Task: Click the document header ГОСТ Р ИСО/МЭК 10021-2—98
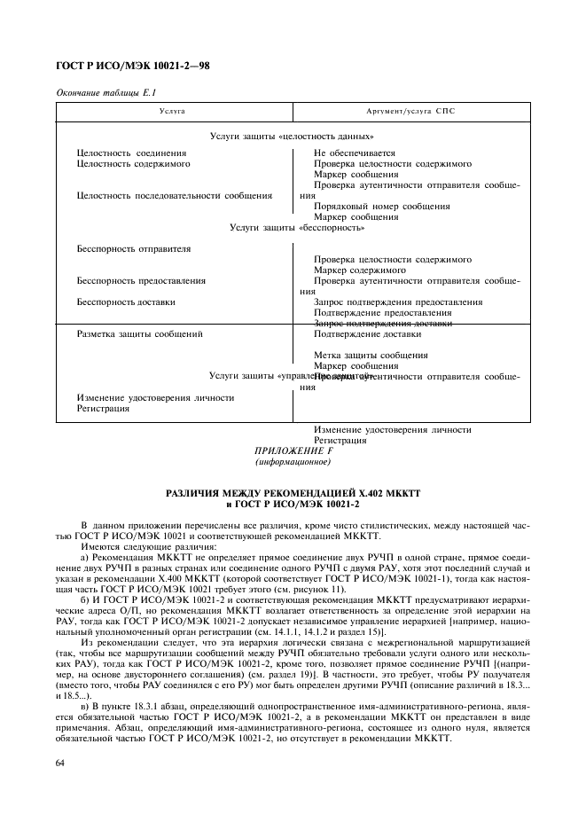132,66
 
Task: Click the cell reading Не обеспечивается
355,153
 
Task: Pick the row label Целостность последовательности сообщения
175,196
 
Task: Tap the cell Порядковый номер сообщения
381,207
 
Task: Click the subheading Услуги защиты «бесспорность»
297,228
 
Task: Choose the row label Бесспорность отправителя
134,249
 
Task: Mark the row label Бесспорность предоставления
141,281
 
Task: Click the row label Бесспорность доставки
126,302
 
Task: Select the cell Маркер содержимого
360,270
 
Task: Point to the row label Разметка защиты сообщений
140,334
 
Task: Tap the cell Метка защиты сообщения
371,356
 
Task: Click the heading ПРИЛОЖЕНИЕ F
292,451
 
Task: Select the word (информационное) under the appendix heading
292,463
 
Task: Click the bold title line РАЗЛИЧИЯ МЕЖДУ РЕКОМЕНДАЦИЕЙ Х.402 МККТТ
292,493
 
